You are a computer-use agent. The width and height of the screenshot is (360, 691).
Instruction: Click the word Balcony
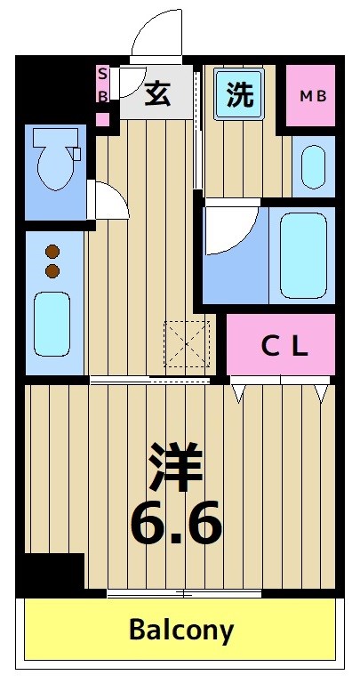(x=181, y=631)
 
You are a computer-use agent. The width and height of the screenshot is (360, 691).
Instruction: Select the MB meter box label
(x=311, y=96)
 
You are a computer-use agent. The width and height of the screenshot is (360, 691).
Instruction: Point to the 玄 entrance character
(x=157, y=93)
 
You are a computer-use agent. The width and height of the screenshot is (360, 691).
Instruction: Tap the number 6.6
(x=175, y=525)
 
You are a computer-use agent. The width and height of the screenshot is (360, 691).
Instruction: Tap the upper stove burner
(x=52, y=252)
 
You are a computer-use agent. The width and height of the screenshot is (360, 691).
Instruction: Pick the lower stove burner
(x=52, y=270)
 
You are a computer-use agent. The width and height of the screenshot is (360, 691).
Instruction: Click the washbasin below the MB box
(x=312, y=165)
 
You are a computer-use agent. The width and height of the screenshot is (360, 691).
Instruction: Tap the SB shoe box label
(x=103, y=84)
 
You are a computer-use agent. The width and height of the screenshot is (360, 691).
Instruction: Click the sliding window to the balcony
(x=184, y=592)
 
